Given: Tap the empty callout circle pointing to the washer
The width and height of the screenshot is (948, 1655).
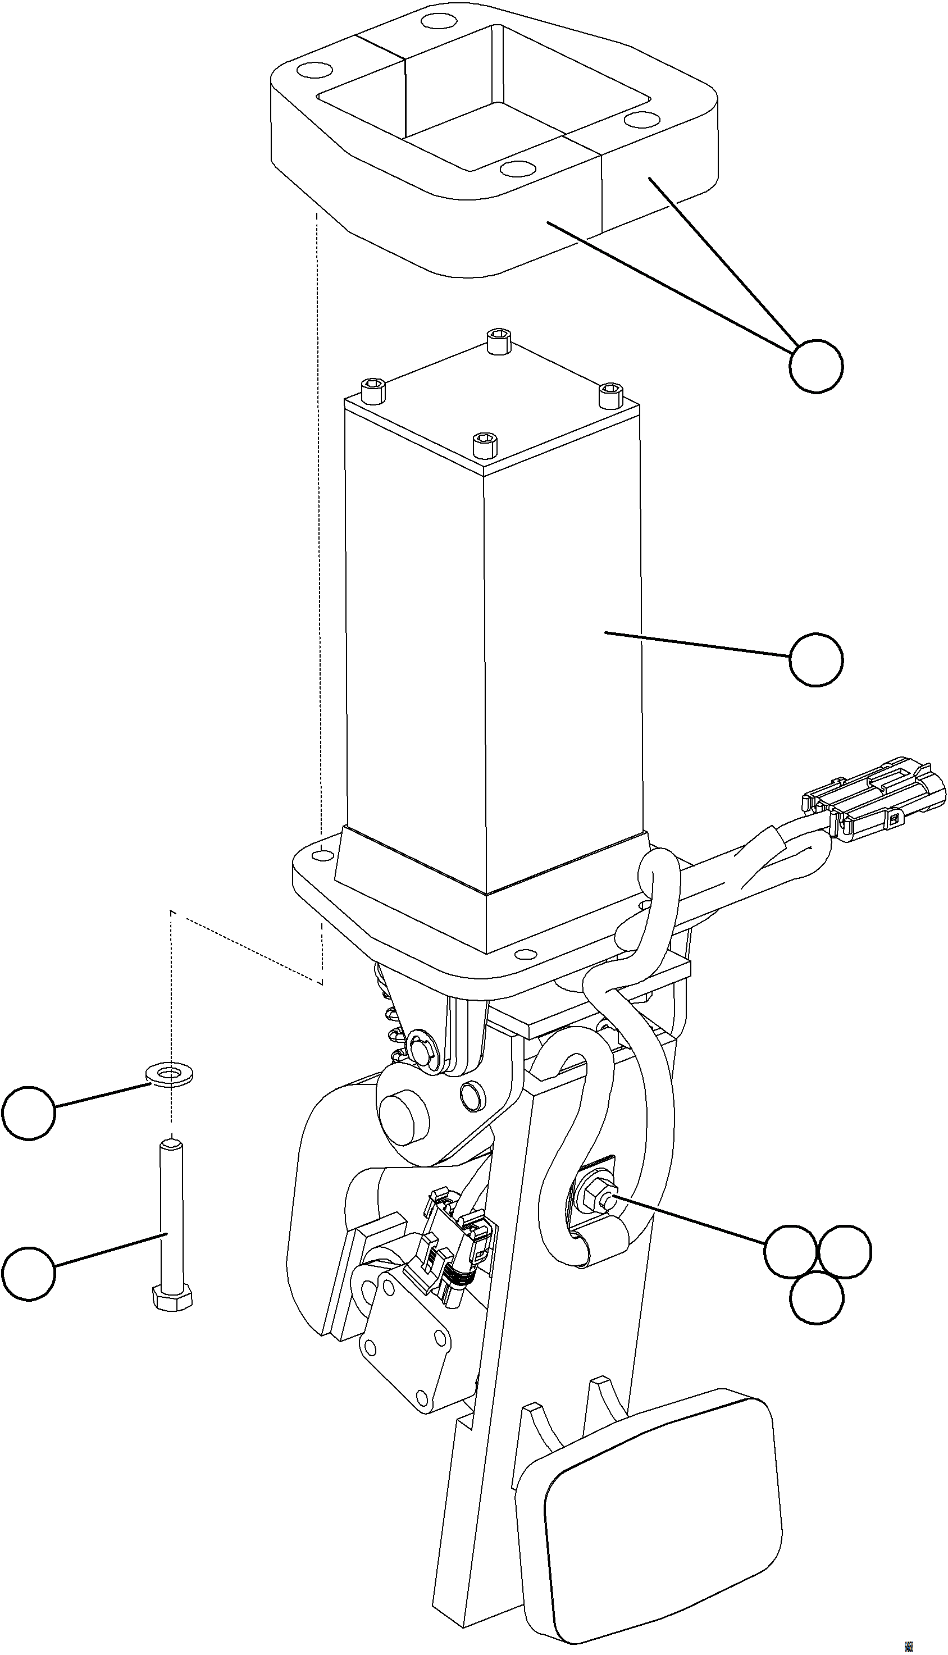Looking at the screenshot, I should click(x=29, y=1113).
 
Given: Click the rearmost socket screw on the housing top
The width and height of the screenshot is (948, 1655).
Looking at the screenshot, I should click(x=498, y=340).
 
